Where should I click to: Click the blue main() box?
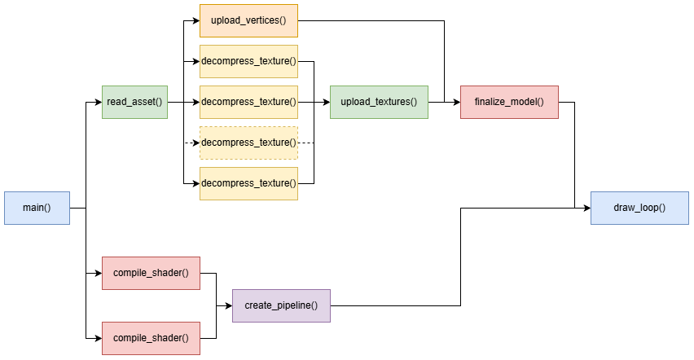[x=37, y=208]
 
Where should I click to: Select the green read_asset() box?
[x=134, y=102]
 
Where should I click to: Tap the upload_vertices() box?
[x=248, y=20]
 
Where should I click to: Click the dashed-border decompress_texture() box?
[x=248, y=143]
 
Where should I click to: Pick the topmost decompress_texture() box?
[x=248, y=61]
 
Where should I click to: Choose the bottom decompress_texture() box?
[x=248, y=183]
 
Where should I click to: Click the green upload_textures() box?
[x=379, y=102]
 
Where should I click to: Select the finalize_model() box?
[x=509, y=102]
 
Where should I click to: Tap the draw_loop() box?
[x=639, y=208]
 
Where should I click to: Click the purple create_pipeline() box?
[x=281, y=305]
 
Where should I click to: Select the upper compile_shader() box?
[x=151, y=273]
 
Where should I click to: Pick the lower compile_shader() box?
[x=151, y=338]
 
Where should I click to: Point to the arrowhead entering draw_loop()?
[x=586, y=208]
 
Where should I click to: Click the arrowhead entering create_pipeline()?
[x=228, y=305]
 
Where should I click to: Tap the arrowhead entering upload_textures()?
[x=326, y=102]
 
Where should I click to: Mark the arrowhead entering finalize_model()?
[x=456, y=102]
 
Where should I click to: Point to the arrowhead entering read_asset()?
[x=98, y=102]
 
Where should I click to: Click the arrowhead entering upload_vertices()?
[x=195, y=20]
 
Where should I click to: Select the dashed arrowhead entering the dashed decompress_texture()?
[x=195, y=143]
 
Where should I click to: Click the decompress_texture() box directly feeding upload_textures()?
[x=248, y=102]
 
